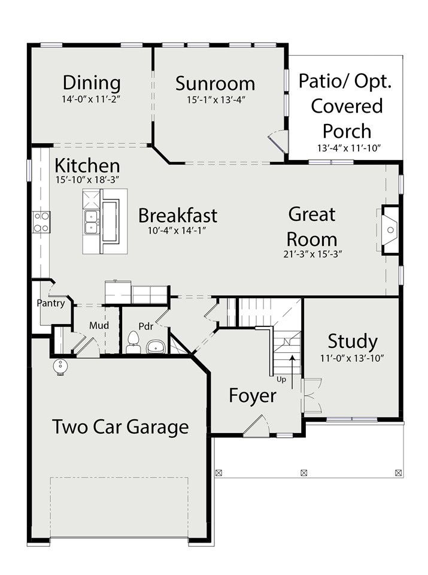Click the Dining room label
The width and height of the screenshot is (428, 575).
(x=92, y=83)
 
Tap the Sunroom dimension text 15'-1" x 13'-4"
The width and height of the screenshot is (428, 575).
(x=216, y=100)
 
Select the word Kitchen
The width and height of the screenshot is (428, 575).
(x=87, y=166)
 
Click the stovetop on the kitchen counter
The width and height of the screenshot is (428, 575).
(x=41, y=222)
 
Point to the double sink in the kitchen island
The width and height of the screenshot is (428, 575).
(x=92, y=222)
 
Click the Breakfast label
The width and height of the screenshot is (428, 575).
(x=178, y=215)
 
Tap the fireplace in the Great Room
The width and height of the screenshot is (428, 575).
(x=390, y=230)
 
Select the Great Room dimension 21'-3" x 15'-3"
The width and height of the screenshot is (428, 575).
(x=312, y=254)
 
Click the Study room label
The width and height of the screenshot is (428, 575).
(x=353, y=342)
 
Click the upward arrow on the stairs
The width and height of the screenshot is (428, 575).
(x=292, y=371)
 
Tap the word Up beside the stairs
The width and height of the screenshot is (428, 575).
(x=281, y=380)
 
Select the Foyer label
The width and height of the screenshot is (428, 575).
(x=253, y=396)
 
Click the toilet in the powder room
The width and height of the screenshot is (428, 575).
(x=133, y=343)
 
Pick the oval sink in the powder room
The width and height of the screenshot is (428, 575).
(x=157, y=346)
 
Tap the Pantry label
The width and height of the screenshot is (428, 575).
(x=51, y=303)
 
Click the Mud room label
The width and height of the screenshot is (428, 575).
(x=99, y=325)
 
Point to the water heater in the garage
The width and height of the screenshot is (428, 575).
(x=59, y=365)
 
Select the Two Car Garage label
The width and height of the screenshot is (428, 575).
(x=120, y=427)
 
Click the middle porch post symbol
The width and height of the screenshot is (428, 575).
(x=303, y=473)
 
